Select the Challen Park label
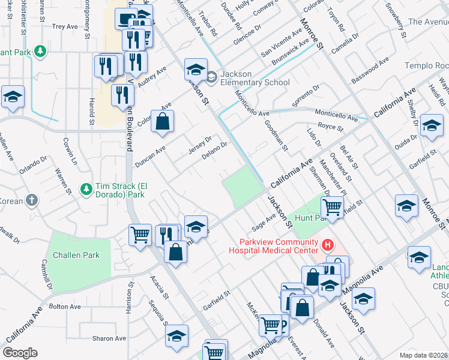tap(76, 255)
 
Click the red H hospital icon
tap(327, 245)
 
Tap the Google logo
tap(20, 353)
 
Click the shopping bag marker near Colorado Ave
tap(163, 122)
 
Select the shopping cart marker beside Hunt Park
tap(331, 208)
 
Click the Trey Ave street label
tap(65, 26)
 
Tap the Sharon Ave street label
tap(109, 338)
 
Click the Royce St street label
tap(330, 127)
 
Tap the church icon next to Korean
tap(32, 201)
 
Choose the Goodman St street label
tap(277, 136)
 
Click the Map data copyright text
tap(423, 354)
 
